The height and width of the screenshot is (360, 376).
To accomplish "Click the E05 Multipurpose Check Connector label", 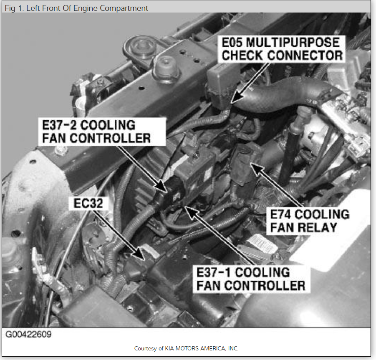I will [282, 49].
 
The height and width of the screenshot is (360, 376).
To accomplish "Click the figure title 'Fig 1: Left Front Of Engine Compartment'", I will [76, 8].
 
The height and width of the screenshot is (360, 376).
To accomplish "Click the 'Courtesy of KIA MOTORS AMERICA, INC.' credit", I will [186, 348].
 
